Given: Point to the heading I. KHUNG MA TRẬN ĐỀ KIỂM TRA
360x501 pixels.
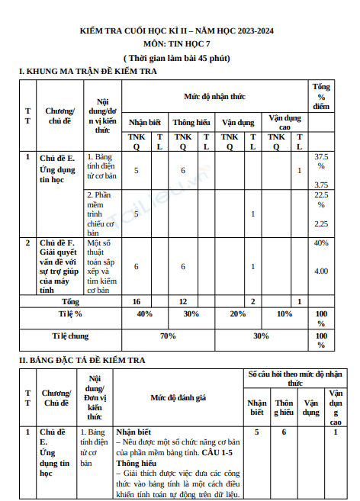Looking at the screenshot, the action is coord(88,71).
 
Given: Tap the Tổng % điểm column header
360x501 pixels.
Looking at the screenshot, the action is coord(321,97).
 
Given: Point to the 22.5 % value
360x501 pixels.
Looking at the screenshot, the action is coord(321,200).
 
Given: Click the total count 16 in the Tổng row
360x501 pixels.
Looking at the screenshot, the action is coord(137,301).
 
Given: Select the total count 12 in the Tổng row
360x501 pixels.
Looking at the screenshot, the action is coord(183,301).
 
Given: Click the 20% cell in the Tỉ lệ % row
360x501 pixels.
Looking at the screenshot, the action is coord(237,313).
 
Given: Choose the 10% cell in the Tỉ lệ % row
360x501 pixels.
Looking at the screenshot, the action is coord(284,313).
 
